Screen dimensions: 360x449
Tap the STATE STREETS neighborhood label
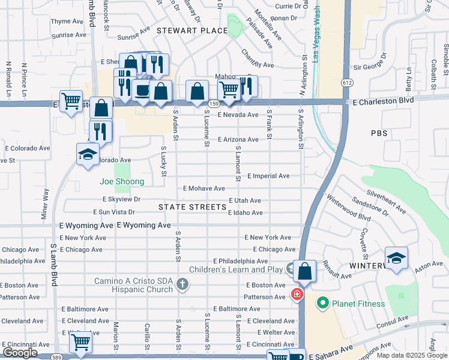[192, 207]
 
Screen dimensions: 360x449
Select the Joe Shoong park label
[122, 181]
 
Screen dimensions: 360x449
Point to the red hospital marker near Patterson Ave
[296, 294]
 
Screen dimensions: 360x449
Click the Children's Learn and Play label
[236, 269]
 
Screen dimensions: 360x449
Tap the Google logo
[20, 353]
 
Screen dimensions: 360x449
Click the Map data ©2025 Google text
[411, 355]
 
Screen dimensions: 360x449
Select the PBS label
[379, 133]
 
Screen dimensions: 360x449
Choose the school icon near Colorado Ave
[88, 154]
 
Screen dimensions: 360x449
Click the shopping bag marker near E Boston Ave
[305, 271]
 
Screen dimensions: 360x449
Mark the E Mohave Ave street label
[204, 188]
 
